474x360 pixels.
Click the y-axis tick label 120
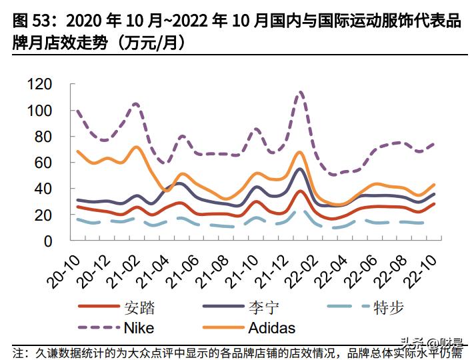[39, 84]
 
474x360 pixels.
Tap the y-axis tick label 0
[48, 241]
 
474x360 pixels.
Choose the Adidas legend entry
[271, 328]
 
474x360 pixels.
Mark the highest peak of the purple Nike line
[301, 92]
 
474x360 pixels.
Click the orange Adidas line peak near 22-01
[300, 152]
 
